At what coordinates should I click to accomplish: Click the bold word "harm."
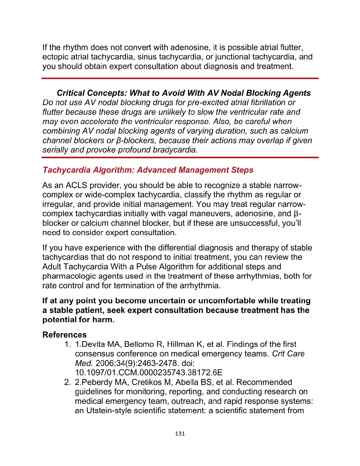pos(103,320)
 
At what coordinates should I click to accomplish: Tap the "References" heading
pos(64,335)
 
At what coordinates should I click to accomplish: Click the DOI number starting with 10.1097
pos(148,372)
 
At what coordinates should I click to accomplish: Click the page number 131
pos(180,434)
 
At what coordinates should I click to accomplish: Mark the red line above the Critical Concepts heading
pos(180,79)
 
